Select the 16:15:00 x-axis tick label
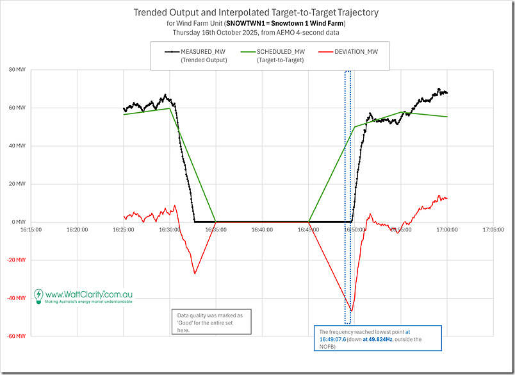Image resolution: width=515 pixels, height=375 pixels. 31,229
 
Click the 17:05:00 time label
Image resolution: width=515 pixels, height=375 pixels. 493,229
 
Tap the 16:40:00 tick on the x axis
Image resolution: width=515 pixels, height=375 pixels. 261,229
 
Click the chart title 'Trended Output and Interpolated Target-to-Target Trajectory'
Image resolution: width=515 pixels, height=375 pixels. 256,12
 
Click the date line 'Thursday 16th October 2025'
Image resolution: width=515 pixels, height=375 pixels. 256,32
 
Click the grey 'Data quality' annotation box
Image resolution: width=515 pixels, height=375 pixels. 211,322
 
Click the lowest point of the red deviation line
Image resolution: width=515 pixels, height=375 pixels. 350,311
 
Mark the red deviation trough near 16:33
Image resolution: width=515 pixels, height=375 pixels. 195,274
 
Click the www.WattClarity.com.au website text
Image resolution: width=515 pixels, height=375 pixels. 89,294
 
